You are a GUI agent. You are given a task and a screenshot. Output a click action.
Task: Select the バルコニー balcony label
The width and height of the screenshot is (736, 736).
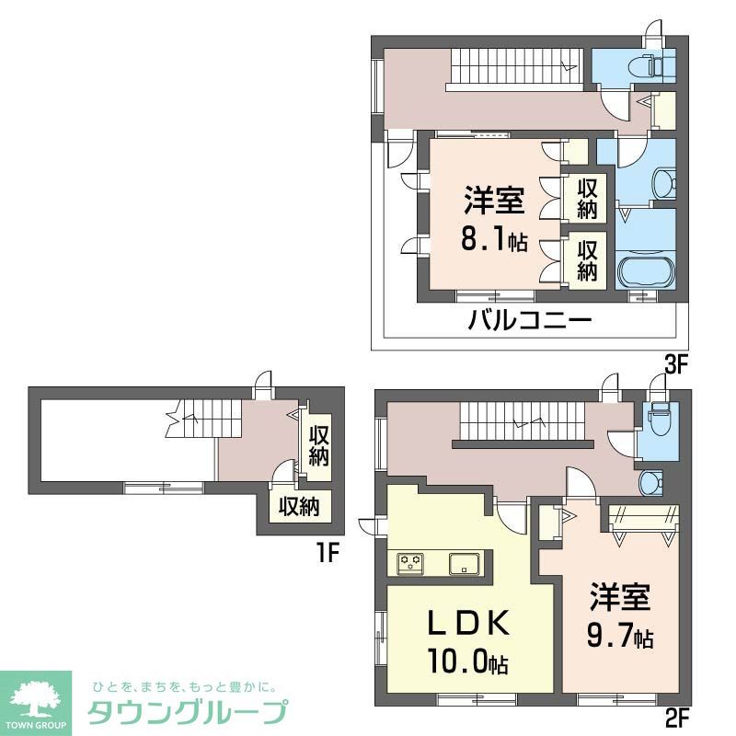(x=529, y=323)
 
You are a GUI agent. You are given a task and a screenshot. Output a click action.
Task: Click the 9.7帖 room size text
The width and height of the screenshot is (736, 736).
(x=618, y=635)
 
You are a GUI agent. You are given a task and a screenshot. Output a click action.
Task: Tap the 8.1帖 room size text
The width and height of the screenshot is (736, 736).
(x=494, y=241)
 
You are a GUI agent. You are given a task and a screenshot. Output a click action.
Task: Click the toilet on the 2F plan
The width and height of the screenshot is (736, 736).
(x=658, y=421)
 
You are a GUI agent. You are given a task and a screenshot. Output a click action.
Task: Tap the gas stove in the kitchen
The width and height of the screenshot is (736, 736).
(x=410, y=562)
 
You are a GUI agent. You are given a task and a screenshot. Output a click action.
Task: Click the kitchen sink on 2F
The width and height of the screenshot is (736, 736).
(x=463, y=562)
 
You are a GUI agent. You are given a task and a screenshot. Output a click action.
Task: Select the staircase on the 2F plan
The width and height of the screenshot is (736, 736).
(x=520, y=422)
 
